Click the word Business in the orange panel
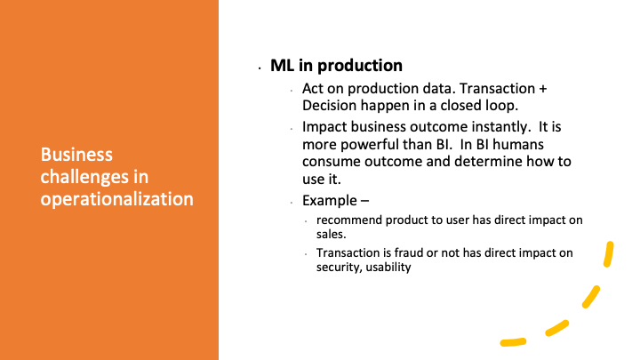(x=76, y=155)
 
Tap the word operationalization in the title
(x=116, y=200)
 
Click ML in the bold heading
(x=282, y=65)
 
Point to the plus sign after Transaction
(x=542, y=89)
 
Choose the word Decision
(x=329, y=105)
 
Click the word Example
(x=330, y=201)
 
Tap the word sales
(x=331, y=235)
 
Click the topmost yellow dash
(x=609, y=254)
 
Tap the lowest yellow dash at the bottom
(x=514, y=342)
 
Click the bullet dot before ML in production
(x=260, y=68)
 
